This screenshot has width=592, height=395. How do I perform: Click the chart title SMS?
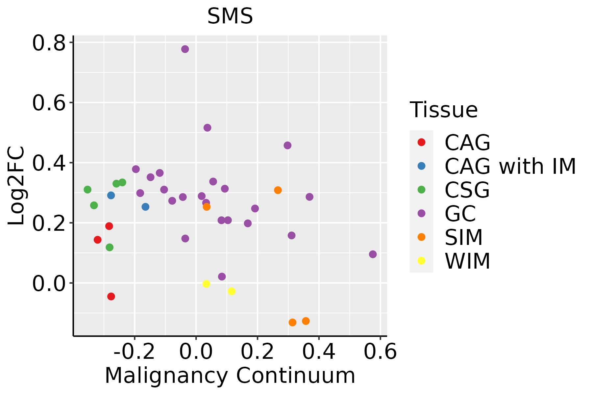click(230, 16)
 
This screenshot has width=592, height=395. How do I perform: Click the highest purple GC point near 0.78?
click(185, 49)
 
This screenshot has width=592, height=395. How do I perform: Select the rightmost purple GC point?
click(373, 254)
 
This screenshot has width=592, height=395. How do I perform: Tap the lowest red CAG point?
click(111, 297)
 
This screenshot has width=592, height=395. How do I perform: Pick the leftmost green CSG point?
click(87, 190)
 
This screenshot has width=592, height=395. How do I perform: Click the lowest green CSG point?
click(110, 247)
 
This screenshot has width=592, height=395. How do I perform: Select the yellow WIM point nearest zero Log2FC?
click(206, 284)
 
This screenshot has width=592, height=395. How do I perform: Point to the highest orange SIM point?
click(278, 190)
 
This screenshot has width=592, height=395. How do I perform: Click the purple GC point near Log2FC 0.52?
click(207, 128)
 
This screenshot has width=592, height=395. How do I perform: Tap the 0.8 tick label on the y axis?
click(49, 43)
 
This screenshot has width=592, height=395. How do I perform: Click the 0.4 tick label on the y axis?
click(49, 163)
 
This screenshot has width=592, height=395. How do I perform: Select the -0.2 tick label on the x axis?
click(134, 352)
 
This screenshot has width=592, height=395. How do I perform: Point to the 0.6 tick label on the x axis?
click(380, 352)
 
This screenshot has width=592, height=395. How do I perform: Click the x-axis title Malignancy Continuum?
click(230, 376)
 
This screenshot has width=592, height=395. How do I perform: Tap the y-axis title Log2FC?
click(16, 186)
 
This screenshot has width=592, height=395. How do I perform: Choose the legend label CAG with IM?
click(510, 166)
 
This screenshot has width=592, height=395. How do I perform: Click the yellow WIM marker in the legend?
click(421, 261)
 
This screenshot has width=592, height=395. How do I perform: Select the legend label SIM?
click(464, 237)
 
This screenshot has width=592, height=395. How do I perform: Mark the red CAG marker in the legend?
click(421, 142)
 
